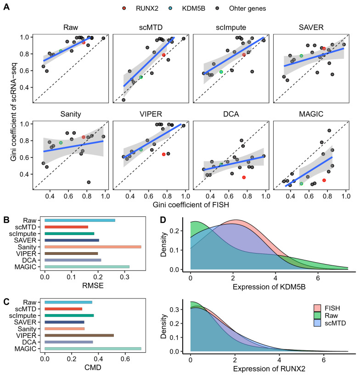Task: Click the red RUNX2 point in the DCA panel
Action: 244,177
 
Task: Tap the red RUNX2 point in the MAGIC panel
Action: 324,180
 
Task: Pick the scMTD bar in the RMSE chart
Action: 66,227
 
